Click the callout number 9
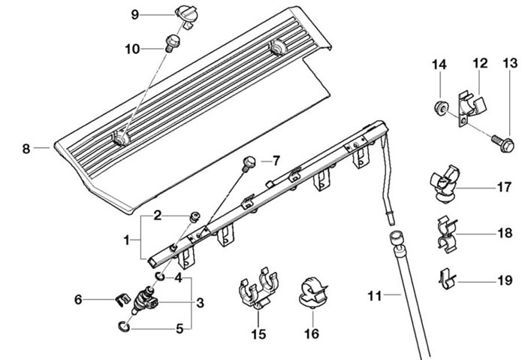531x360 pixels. click(x=134, y=15)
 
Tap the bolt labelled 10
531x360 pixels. click(x=173, y=43)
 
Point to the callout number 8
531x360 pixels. click(x=26, y=149)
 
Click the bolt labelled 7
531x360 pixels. click(x=249, y=162)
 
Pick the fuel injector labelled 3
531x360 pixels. click(x=145, y=300)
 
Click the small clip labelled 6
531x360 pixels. click(x=122, y=300)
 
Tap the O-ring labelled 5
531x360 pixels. click(x=124, y=326)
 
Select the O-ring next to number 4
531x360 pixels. click(x=160, y=277)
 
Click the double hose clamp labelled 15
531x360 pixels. click(x=259, y=291)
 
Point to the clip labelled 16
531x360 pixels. click(x=312, y=292)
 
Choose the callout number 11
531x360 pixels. click(x=375, y=296)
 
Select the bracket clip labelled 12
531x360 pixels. click(x=471, y=107)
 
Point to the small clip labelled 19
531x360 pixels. click(x=447, y=279)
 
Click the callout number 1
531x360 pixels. click(x=126, y=241)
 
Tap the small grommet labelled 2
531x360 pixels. click(x=195, y=216)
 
